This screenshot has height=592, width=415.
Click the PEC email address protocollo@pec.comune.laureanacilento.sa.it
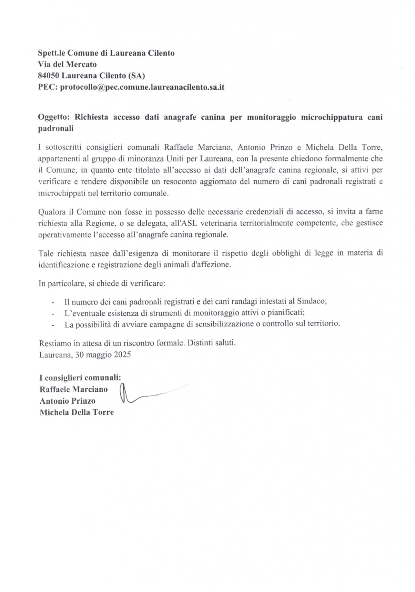point(142,87)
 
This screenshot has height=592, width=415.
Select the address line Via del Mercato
point(67,64)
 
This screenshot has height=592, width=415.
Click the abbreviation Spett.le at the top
point(51,53)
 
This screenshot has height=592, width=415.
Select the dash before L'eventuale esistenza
point(53,313)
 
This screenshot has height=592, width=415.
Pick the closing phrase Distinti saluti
point(212,343)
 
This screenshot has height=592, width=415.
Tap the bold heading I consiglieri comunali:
point(80,378)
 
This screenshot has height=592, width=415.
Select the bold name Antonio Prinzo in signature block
point(68,401)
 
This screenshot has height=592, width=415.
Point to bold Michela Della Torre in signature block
point(77,412)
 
